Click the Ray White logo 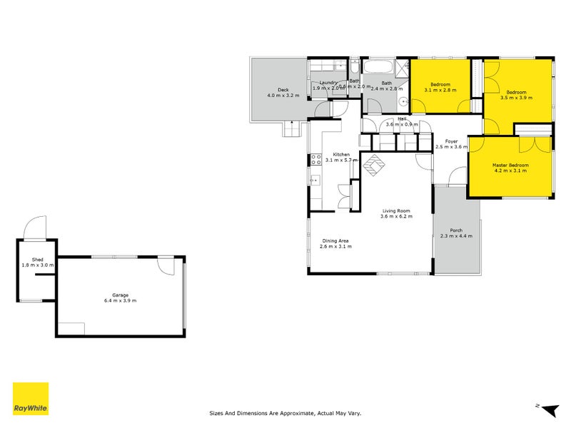tap(31, 399)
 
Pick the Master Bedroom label tap(510, 165)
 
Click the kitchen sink tap(314, 180)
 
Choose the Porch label tap(456, 230)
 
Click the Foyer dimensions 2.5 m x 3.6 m tap(451, 147)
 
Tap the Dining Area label tap(335, 240)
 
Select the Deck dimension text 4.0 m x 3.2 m tap(283, 95)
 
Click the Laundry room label tap(328, 82)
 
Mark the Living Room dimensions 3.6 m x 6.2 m tap(396, 217)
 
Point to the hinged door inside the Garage tap(166, 265)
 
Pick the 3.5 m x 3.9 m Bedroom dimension tap(516, 98)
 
